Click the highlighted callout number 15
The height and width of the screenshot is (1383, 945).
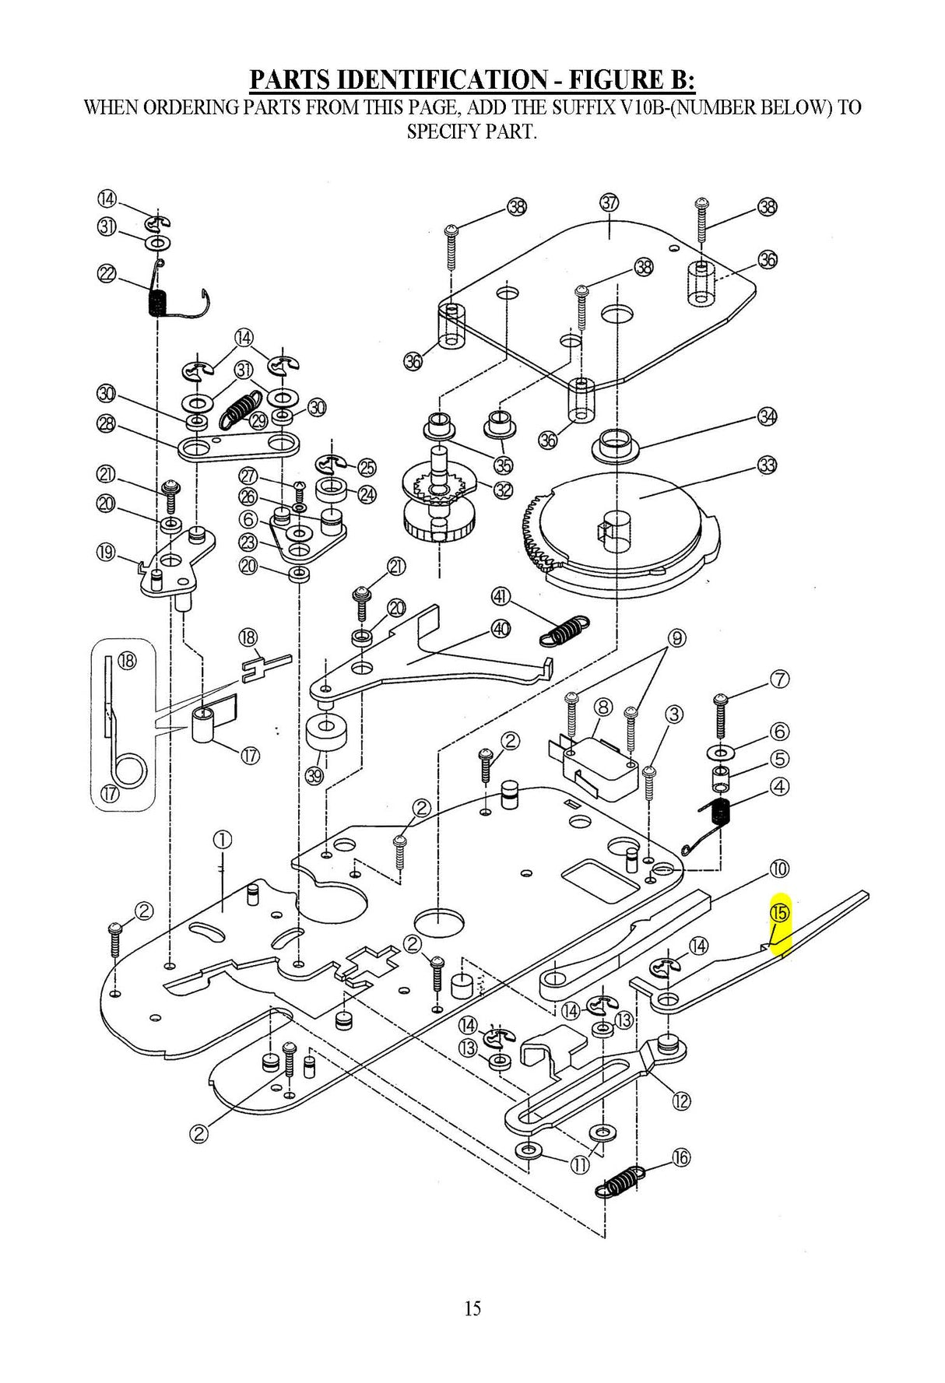tap(779, 912)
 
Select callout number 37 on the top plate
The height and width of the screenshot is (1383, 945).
tap(610, 202)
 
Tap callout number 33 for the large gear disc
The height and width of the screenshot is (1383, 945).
tap(768, 465)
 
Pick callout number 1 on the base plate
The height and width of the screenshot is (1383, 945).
tap(222, 840)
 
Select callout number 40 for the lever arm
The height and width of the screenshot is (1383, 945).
tap(501, 629)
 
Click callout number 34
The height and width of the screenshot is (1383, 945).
tap(768, 416)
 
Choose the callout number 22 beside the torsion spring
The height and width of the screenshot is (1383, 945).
tap(107, 273)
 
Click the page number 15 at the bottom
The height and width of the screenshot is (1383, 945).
tap(472, 1308)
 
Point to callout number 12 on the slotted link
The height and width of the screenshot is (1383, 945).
tap(681, 1101)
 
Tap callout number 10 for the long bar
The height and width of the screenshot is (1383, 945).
tap(779, 869)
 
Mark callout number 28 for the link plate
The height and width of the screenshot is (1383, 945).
tap(107, 423)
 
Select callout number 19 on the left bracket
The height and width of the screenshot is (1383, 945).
tap(105, 553)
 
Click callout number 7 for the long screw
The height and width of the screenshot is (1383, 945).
tap(779, 679)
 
